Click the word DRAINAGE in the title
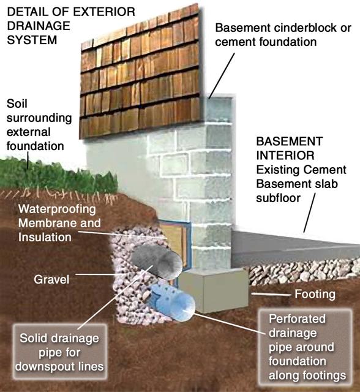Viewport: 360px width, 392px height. pos(39,26)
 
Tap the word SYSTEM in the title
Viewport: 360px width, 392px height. pos(32,40)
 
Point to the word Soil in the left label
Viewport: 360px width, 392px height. pos(17,104)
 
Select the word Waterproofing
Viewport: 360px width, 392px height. pos(57,209)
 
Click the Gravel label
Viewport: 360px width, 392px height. pos(51,279)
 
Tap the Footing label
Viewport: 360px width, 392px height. pos(315,294)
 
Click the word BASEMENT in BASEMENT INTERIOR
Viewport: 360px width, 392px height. pos(290,141)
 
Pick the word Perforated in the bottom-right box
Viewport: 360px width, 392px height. pos(297,319)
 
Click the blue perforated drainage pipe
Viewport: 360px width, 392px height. pos(173,302)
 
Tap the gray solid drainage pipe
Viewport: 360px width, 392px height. pos(157,262)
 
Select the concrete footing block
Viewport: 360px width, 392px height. pos(214,290)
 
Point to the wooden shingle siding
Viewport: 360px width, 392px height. pos(140,72)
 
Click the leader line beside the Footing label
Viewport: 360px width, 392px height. pos(271,294)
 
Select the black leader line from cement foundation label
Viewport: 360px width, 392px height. pos(222,75)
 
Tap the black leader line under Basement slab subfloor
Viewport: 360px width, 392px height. pos(310,213)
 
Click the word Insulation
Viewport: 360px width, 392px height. pos(45,237)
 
